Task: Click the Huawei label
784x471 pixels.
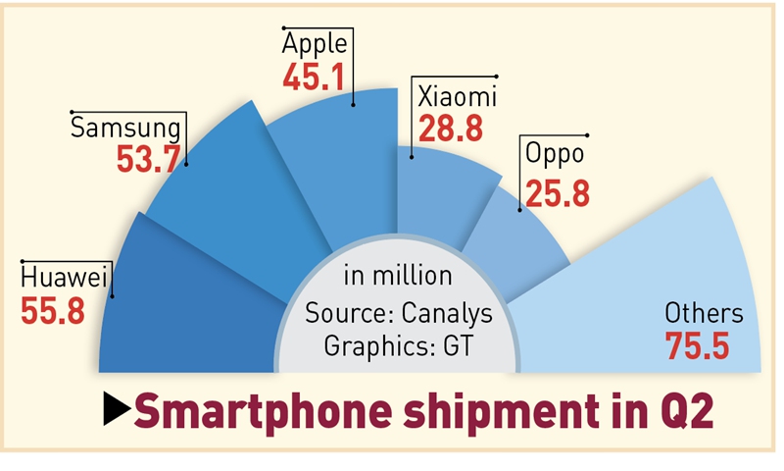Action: (x=66, y=277)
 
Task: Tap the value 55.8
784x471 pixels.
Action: (x=52, y=310)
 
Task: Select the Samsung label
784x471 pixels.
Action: (x=126, y=128)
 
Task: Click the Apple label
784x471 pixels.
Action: (x=315, y=44)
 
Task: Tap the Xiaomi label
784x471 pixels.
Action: (x=458, y=97)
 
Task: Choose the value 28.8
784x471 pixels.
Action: (x=450, y=129)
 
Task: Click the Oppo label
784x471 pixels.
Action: (x=555, y=154)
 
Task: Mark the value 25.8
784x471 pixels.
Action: (x=557, y=192)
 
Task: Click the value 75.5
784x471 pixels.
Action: (x=698, y=347)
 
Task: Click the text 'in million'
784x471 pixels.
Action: (x=397, y=276)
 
